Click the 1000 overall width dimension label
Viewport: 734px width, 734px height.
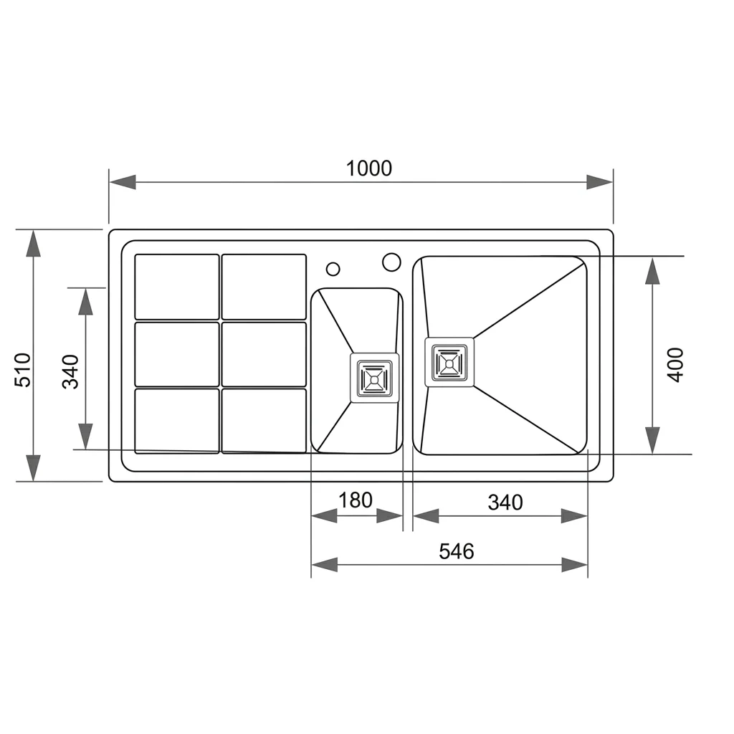(369, 168)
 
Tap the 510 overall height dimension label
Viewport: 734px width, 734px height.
(23, 371)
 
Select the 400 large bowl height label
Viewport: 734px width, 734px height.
(675, 365)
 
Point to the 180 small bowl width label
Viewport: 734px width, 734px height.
(356, 500)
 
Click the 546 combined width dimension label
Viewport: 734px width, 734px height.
(457, 551)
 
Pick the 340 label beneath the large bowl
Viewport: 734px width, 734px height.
(505, 502)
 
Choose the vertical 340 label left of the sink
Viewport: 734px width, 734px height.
(71, 372)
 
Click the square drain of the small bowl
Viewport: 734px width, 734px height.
(374, 378)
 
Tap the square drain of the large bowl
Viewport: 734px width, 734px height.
(449, 362)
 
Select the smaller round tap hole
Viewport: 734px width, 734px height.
(333, 269)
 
